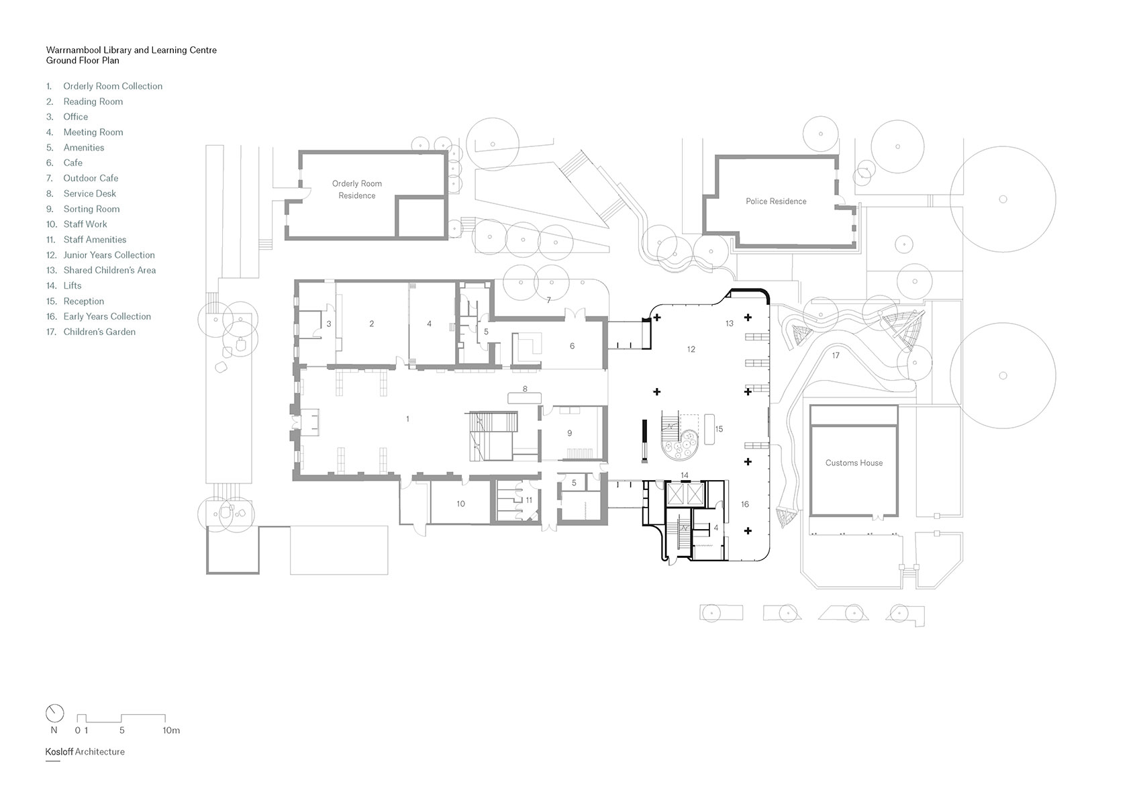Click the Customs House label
pyautogui.click(x=854, y=463)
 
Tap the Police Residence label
pyautogui.click(x=776, y=201)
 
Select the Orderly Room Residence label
pyautogui.click(x=356, y=189)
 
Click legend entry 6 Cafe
pyautogui.click(x=72, y=163)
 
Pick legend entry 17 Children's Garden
pyautogui.click(x=99, y=332)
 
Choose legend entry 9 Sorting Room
pyautogui.click(x=91, y=209)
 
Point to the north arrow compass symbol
pyautogui.click(x=54, y=713)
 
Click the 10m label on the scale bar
pyautogui.click(x=171, y=730)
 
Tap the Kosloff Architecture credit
pyautogui.click(x=85, y=752)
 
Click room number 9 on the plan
pyautogui.click(x=570, y=433)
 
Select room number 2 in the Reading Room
pyautogui.click(x=372, y=324)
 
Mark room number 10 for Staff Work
pyautogui.click(x=460, y=504)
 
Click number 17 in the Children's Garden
pyautogui.click(x=836, y=356)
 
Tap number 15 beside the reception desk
pyautogui.click(x=719, y=429)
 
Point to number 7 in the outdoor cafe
pyautogui.click(x=548, y=300)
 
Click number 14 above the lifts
pyautogui.click(x=685, y=475)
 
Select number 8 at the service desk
pyautogui.click(x=526, y=389)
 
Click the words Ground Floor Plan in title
pyautogui.click(x=83, y=60)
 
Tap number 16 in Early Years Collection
pyautogui.click(x=745, y=504)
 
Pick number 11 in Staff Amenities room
pyautogui.click(x=529, y=500)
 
